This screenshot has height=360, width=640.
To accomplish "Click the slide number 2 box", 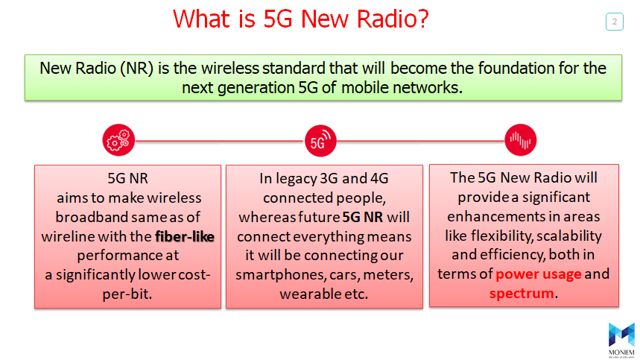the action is (x=614, y=22).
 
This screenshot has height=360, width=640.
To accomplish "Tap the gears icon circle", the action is (x=118, y=140).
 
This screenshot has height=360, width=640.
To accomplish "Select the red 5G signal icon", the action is (x=320, y=141).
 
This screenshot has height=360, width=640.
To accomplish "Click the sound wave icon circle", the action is (x=520, y=140).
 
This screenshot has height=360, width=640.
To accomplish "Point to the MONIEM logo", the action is (x=621, y=341).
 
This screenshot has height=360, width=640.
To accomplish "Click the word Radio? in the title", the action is (x=393, y=19).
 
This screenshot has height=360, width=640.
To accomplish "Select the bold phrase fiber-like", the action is (x=185, y=236).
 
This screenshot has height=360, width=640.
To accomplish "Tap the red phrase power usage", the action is (x=539, y=274).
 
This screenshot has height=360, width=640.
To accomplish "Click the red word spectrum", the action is (x=522, y=293).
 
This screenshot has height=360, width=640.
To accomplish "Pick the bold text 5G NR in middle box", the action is (x=363, y=217).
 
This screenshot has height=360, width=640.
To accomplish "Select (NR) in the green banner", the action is (x=137, y=68).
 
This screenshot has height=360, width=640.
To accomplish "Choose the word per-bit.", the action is (x=127, y=294).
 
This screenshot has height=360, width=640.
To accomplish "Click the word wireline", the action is (x=67, y=236).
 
